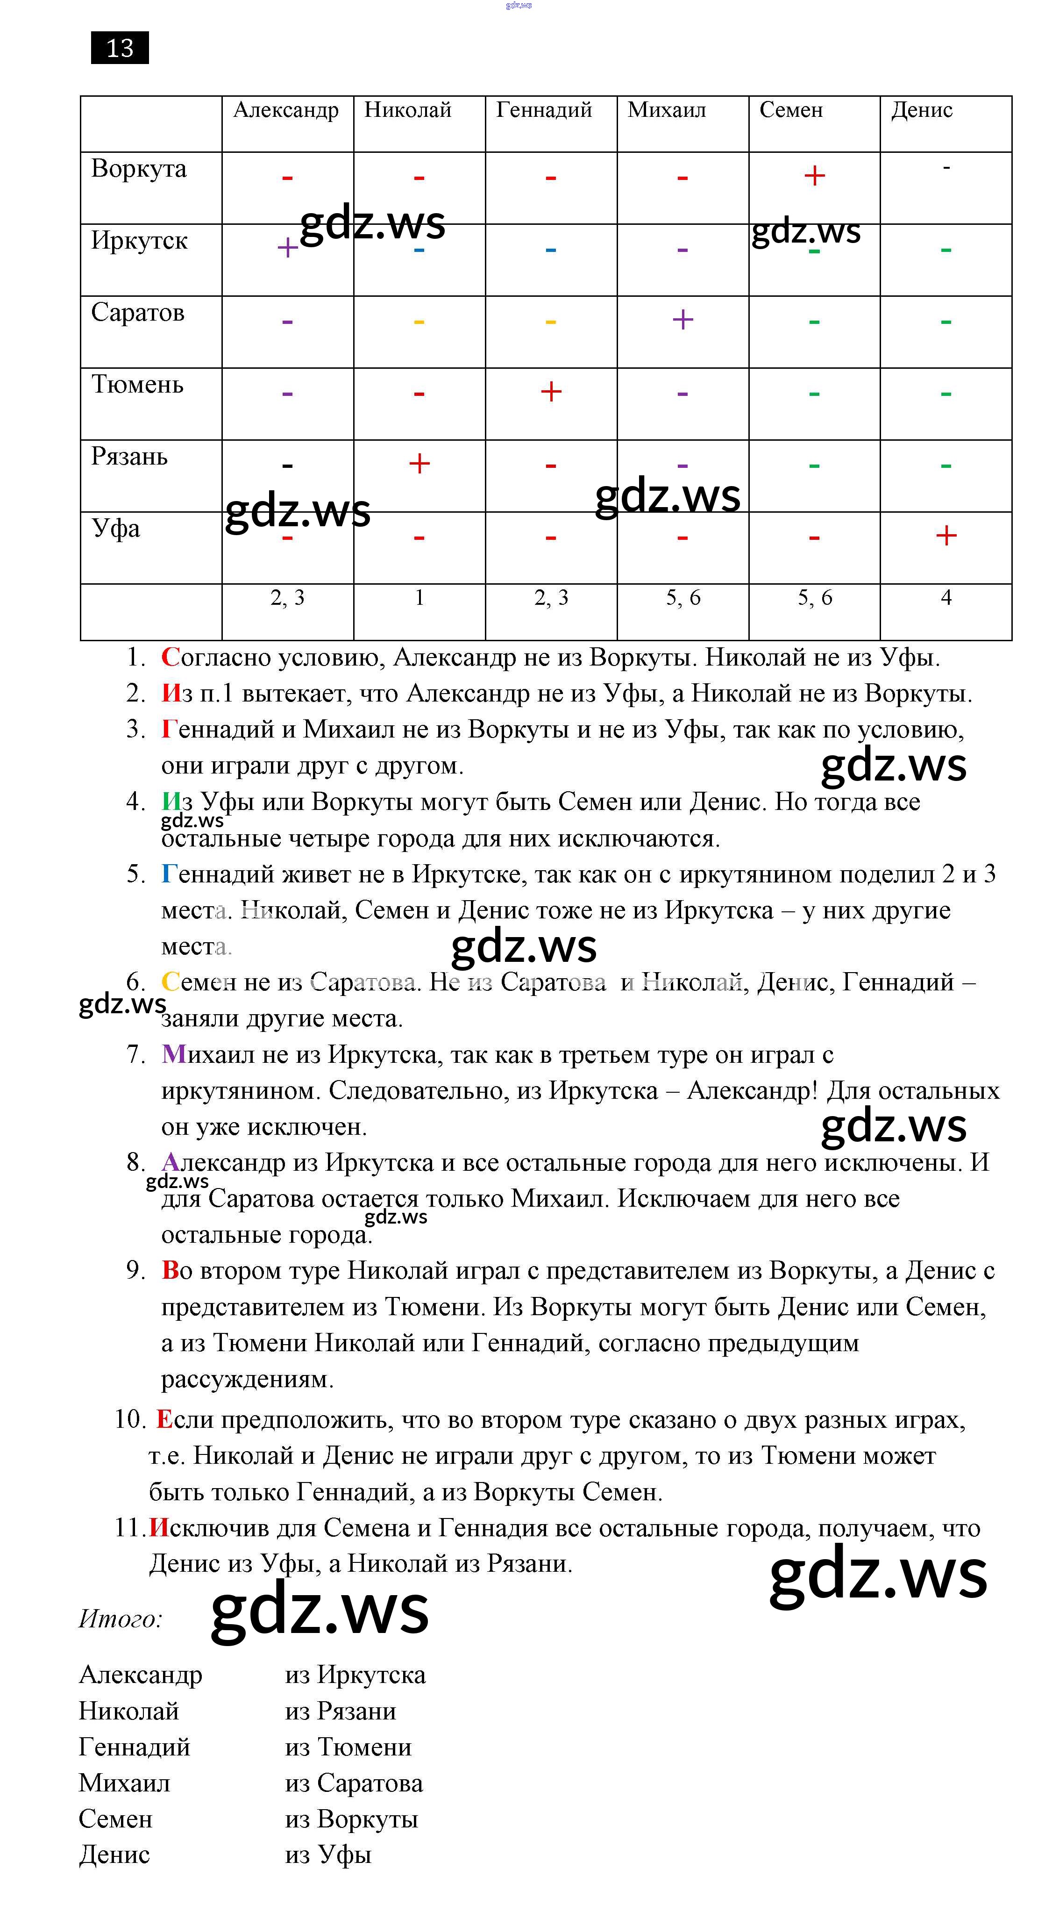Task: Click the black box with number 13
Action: (x=120, y=48)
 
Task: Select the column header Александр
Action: (x=285, y=110)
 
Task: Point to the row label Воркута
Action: (x=138, y=169)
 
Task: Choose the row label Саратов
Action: (x=137, y=313)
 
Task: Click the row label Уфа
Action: (x=115, y=529)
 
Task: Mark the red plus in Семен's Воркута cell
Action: (x=814, y=176)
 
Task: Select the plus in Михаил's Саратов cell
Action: (x=683, y=320)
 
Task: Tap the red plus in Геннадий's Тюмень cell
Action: (x=551, y=391)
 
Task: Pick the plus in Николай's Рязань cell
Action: (x=419, y=464)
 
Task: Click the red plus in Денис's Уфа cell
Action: (x=946, y=536)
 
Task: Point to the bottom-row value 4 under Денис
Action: (x=946, y=597)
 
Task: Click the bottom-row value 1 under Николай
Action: (x=419, y=597)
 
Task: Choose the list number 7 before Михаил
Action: (x=135, y=1054)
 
